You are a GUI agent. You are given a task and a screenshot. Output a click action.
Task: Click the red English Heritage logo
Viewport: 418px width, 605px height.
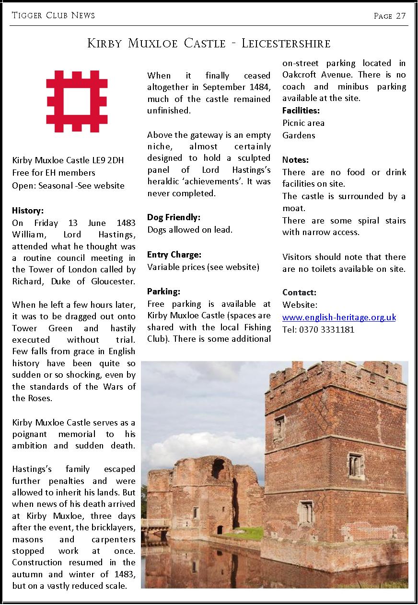(x=77, y=101)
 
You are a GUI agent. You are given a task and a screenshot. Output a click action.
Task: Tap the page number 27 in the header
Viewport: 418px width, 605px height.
(x=401, y=16)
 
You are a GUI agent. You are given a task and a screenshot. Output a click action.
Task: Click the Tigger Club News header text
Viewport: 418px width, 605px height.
(x=53, y=15)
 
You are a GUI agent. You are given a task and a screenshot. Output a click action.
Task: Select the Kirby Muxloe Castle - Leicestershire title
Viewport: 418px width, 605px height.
(x=209, y=44)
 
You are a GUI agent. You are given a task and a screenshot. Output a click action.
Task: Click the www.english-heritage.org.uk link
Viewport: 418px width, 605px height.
(x=339, y=317)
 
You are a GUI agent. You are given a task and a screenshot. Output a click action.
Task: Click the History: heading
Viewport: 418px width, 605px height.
(x=28, y=211)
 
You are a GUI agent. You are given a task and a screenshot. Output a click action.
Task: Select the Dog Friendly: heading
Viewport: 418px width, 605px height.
(x=174, y=217)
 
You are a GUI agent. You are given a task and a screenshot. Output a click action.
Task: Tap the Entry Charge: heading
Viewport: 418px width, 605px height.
(x=174, y=255)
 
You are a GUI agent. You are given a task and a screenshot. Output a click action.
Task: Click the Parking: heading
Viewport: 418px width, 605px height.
(x=163, y=291)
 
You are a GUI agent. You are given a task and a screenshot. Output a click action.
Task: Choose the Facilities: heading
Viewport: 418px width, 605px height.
(x=301, y=111)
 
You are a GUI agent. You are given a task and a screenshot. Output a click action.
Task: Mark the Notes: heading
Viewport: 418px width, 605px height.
(x=295, y=160)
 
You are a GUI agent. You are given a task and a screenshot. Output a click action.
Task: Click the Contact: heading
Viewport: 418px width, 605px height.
(x=299, y=292)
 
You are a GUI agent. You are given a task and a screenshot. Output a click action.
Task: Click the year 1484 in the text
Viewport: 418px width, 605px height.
(x=259, y=87)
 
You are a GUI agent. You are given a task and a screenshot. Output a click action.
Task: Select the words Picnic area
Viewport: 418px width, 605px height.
(x=303, y=123)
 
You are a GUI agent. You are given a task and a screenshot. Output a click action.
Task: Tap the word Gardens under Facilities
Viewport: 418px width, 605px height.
(x=299, y=135)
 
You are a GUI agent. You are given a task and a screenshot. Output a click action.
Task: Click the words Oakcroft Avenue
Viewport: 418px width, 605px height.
(x=318, y=75)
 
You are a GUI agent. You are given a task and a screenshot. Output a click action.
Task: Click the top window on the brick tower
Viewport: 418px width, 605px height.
(x=279, y=427)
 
